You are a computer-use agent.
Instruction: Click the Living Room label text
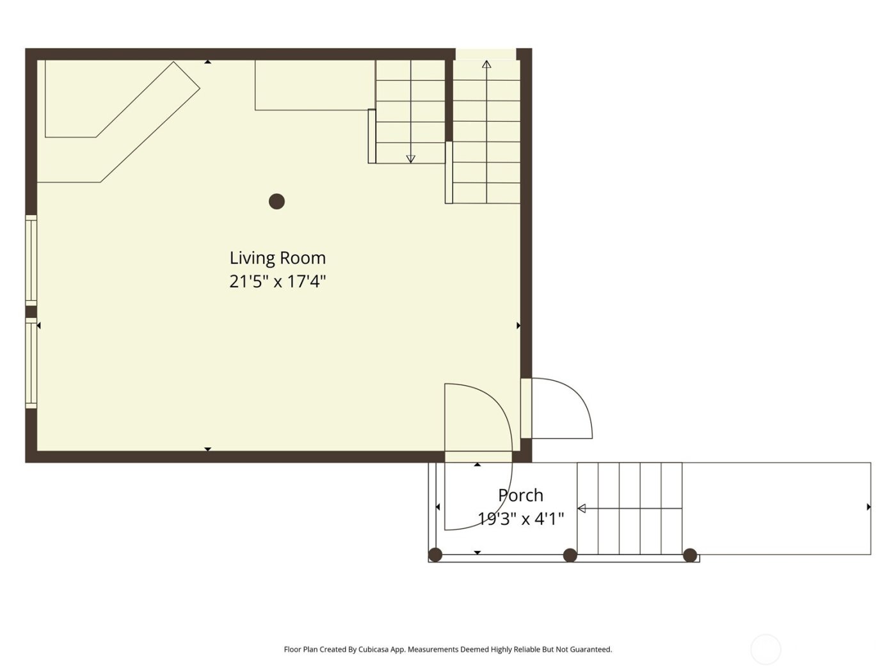(277, 258)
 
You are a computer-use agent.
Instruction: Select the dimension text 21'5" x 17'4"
(277, 282)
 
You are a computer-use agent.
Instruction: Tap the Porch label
(520, 495)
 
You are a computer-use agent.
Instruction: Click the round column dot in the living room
(276, 202)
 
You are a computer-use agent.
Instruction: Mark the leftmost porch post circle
(435, 555)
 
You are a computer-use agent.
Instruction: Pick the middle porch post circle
(570, 555)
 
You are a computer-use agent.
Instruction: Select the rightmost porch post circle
(690, 555)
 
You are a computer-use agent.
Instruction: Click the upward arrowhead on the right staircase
(486, 64)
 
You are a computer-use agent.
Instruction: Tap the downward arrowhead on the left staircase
(411, 159)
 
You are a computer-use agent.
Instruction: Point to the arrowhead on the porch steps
(582, 509)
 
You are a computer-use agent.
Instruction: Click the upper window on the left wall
(31, 259)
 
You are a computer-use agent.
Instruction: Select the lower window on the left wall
(31, 363)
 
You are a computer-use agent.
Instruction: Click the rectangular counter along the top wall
(314, 85)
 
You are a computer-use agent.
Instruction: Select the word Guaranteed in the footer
(590, 650)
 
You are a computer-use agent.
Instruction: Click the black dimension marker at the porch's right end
(868, 507)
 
